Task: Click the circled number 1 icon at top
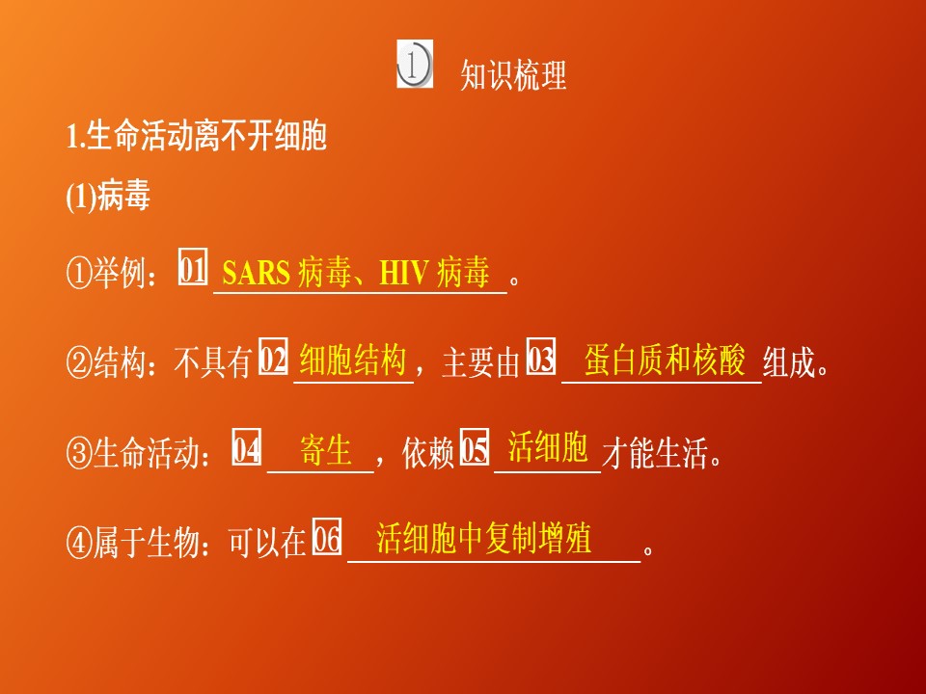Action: coord(414,65)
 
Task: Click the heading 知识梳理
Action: coord(513,74)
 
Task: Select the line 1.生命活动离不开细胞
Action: coord(197,137)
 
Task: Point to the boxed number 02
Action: coord(275,360)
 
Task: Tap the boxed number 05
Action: coord(475,449)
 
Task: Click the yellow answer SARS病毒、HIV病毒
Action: coord(356,273)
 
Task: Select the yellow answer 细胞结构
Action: coord(352,360)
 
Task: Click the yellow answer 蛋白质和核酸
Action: coord(665,360)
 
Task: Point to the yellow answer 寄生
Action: coord(326,450)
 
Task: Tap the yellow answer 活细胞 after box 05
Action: coord(548,447)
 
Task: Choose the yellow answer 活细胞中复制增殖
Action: coord(483,538)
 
